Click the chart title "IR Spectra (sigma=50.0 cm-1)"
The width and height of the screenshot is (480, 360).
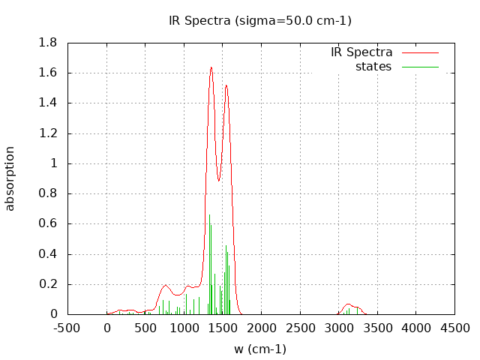(x=259, y=20)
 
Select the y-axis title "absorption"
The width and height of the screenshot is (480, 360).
(x=10, y=178)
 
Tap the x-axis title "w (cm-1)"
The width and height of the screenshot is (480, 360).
(x=259, y=349)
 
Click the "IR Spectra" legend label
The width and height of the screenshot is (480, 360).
(x=361, y=52)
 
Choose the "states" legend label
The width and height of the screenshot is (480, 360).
(x=373, y=67)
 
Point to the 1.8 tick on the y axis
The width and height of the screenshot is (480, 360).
(x=49, y=43)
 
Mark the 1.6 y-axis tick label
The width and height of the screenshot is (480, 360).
(x=49, y=73)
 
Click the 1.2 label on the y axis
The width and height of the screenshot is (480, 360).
(x=49, y=133)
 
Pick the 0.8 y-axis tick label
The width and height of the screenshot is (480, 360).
(x=49, y=193)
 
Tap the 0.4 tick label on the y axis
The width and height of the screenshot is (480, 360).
(x=49, y=253)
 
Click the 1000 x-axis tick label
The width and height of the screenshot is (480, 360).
(x=184, y=328)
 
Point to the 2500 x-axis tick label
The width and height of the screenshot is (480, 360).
(x=301, y=328)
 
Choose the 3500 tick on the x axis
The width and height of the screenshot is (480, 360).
(x=378, y=328)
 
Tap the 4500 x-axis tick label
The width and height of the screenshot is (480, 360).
(x=455, y=328)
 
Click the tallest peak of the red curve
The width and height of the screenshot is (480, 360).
(x=211, y=67)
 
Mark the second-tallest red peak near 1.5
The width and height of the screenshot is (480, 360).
(x=226, y=85)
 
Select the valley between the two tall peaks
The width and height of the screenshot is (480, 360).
(x=219, y=180)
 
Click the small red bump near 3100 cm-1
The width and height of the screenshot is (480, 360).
(x=349, y=304)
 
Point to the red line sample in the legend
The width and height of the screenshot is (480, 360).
(x=419, y=52)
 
